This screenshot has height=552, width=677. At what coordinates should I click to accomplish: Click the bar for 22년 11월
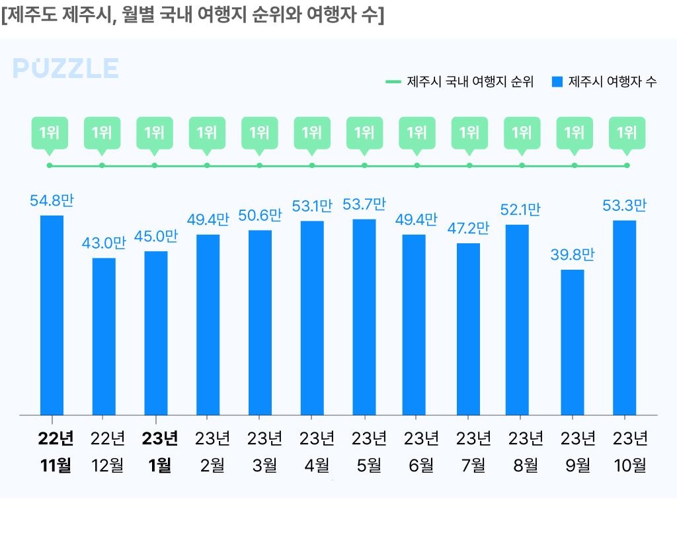pos(52,315)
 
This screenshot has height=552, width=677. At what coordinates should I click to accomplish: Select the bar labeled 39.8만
pos(573,342)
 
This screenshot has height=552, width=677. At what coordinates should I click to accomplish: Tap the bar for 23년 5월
pos(364,317)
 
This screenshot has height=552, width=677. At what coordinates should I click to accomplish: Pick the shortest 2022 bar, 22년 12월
pos(104,336)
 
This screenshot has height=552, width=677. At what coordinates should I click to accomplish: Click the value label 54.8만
pos(52,201)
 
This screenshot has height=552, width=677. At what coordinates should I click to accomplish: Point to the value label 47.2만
pos(468,229)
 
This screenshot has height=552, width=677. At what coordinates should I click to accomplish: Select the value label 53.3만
pos(624,206)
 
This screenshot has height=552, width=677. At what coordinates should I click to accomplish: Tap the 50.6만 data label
pos(260,216)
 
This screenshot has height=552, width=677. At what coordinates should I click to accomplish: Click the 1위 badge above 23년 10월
pos(626,132)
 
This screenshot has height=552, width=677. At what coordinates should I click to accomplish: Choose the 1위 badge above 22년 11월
pos(50,132)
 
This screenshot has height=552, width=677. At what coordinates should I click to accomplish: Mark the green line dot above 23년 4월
pos(312,165)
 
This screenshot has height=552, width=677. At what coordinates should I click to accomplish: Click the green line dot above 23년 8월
pos(522,165)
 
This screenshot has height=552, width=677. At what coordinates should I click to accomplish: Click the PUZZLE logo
pos(65,69)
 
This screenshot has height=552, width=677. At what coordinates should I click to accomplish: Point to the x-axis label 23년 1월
pos(160,452)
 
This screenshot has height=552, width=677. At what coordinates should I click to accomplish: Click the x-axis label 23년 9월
pos(578,452)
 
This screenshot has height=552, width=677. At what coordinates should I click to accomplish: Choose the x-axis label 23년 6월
pos(421,452)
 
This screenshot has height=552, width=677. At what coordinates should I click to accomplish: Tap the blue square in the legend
pos(557,82)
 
